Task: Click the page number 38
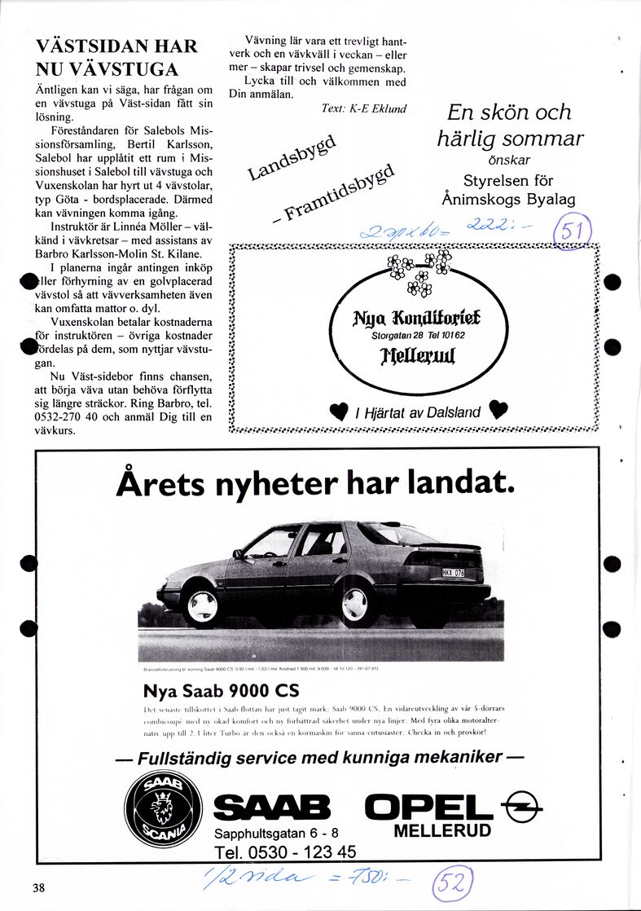38,887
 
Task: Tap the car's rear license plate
454,573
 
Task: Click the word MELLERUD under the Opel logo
442,831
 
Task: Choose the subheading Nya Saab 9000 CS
221,691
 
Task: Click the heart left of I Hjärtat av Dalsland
338,411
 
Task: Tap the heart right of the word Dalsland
498,411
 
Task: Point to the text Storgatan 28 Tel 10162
419,335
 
